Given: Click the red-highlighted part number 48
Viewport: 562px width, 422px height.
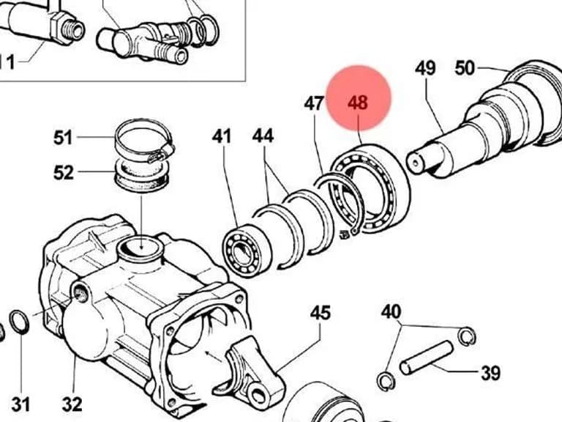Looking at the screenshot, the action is (358, 103).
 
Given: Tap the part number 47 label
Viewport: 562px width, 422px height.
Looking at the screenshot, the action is (314, 104).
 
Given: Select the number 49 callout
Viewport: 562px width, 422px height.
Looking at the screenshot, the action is (425, 68).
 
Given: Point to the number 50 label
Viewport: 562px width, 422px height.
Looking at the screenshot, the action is (465, 68).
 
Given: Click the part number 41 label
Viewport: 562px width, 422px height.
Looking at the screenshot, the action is (222, 136).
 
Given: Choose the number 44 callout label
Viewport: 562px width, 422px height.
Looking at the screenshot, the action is (263, 136).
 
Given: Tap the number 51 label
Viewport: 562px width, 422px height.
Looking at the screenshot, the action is (63, 138).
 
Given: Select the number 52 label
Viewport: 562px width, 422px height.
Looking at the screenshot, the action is (64, 173).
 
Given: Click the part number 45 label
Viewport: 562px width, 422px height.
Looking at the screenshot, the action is (320, 313).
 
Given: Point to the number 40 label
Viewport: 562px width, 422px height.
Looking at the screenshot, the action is (391, 312).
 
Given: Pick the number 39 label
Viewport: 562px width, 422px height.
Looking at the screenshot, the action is (490, 373).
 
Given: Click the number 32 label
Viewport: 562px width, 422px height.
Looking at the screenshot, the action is (72, 404).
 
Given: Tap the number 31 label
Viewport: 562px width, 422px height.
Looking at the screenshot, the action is (20, 404).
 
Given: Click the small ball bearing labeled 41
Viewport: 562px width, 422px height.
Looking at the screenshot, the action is (247, 250).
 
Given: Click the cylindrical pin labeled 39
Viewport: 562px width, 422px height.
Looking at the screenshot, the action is (426, 358).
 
